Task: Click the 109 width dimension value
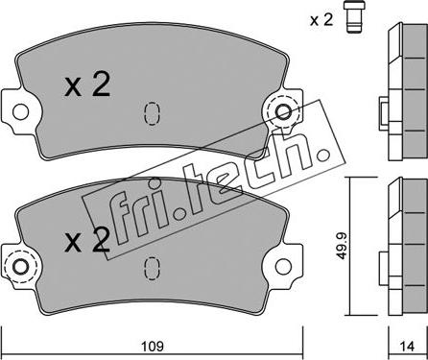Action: (x=153, y=346)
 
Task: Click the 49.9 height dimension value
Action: (x=343, y=246)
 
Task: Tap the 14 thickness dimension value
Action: (x=408, y=346)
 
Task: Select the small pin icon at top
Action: (x=354, y=16)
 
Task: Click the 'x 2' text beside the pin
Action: (x=321, y=21)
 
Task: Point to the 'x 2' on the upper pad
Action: (x=87, y=84)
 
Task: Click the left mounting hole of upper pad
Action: (x=20, y=111)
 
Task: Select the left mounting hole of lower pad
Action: (x=20, y=267)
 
